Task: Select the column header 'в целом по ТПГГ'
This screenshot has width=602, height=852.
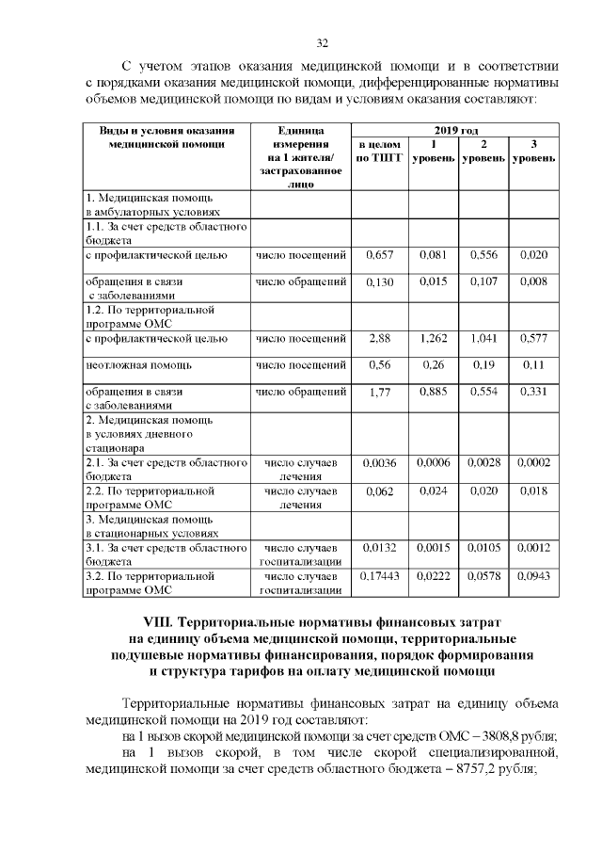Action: pos(379,152)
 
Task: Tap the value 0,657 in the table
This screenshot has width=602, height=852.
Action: pos(379,255)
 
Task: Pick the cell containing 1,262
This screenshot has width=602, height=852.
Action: pos(433,337)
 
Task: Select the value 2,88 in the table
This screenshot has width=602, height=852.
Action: pos(379,337)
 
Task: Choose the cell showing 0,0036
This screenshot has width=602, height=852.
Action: pos(379,462)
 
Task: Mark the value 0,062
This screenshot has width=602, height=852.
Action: pos(379,490)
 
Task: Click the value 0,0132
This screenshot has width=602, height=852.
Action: pos(379,547)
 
